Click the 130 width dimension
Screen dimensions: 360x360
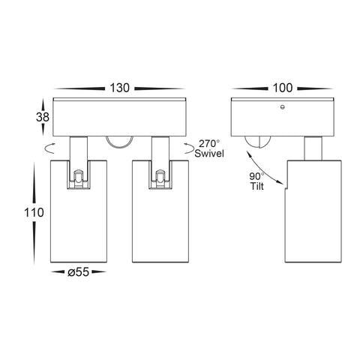(x=119, y=88)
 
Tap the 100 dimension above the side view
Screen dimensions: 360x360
(x=283, y=88)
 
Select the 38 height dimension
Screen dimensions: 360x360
(x=43, y=117)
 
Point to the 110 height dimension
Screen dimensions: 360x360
(x=34, y=213)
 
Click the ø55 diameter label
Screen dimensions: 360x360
(x=78, y=272)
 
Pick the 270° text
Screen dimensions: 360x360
(x=209, y=144)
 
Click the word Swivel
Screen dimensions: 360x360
(x=209, y=153)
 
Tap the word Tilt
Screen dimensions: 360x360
(x=256, y=186)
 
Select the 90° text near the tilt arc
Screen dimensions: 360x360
(x=256, y=177)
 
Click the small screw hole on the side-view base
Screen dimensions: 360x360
(x=283, y=107)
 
